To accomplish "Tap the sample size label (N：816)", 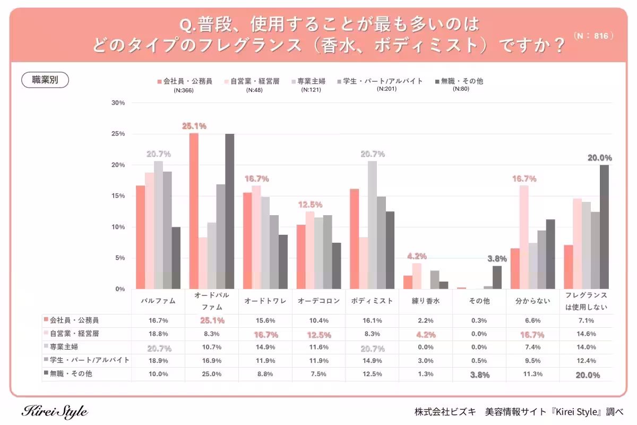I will coord(594,36).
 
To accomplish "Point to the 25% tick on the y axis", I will coord(118,134).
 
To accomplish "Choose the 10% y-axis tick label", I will coord(118,227).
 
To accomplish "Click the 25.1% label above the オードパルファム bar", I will coord(194,126).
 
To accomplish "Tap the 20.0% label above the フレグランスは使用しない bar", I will coord(599,158).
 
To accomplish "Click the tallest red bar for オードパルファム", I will coord(194,211).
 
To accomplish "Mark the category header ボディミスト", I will coord(372,301).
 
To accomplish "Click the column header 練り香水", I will coord(426,301).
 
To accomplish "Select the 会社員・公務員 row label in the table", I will coord(74,320).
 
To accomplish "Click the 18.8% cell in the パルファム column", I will coord(158,334).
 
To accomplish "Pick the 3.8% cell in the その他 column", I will coord(479,375).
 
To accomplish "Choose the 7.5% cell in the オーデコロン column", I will coord(318,374).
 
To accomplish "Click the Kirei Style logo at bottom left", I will coord(55,412).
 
